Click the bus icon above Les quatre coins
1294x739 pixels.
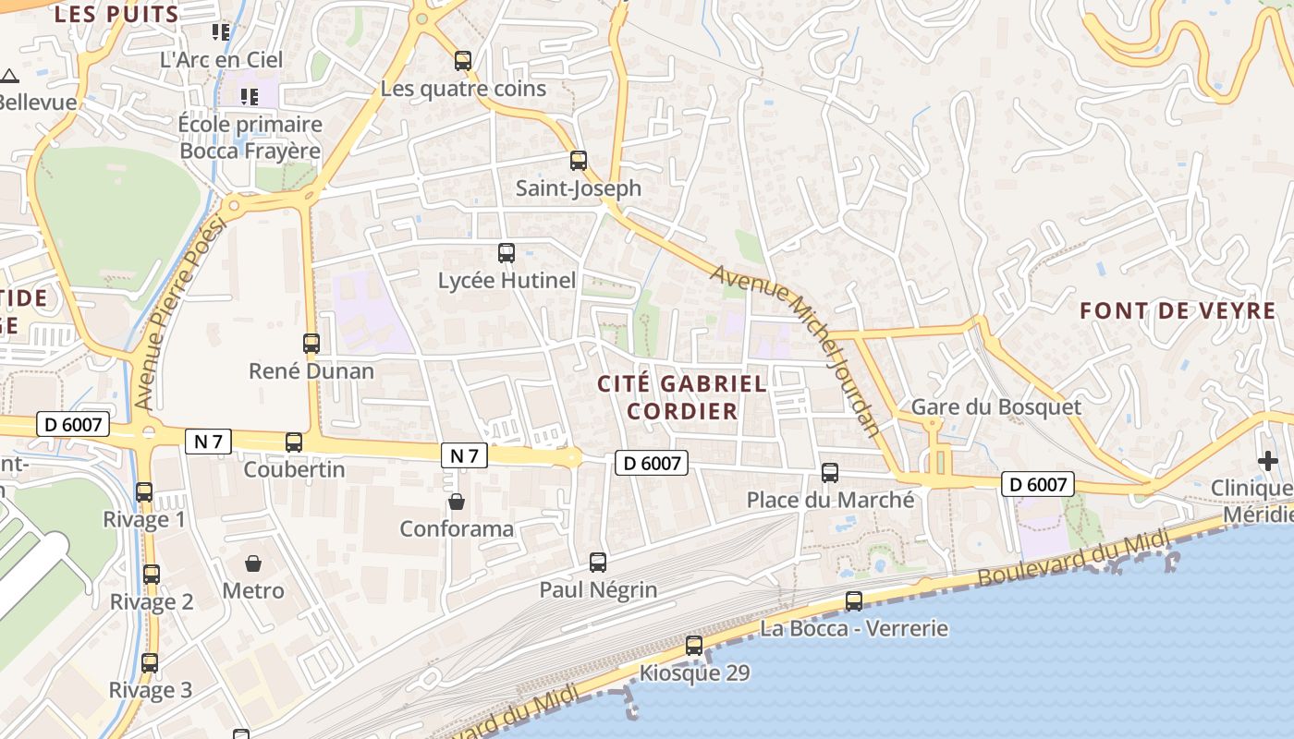(463, 61)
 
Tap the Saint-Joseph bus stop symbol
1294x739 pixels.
(579, 161)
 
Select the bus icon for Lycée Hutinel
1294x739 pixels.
(507, 253)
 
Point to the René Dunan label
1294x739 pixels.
(311, 371)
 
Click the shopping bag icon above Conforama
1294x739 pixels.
(457, 502)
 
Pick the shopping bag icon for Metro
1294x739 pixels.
(253, 563)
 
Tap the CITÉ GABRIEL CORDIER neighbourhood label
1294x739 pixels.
(682, 397)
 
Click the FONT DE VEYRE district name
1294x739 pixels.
(1178, 310)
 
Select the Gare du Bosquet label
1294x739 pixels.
(995, 406)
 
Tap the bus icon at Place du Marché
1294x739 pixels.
(830, 473)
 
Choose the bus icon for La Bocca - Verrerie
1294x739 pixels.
(854, 601)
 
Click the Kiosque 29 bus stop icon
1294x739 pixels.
(694, 646)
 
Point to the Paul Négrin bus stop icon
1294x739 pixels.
(598, 562)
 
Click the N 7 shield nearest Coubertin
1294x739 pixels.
(209, 442)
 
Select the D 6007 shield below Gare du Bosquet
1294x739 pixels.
(1038, 483)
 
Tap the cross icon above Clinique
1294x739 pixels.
(1267, 460)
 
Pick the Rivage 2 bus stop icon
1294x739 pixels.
(152, 575)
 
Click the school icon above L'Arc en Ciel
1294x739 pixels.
(221, 32)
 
